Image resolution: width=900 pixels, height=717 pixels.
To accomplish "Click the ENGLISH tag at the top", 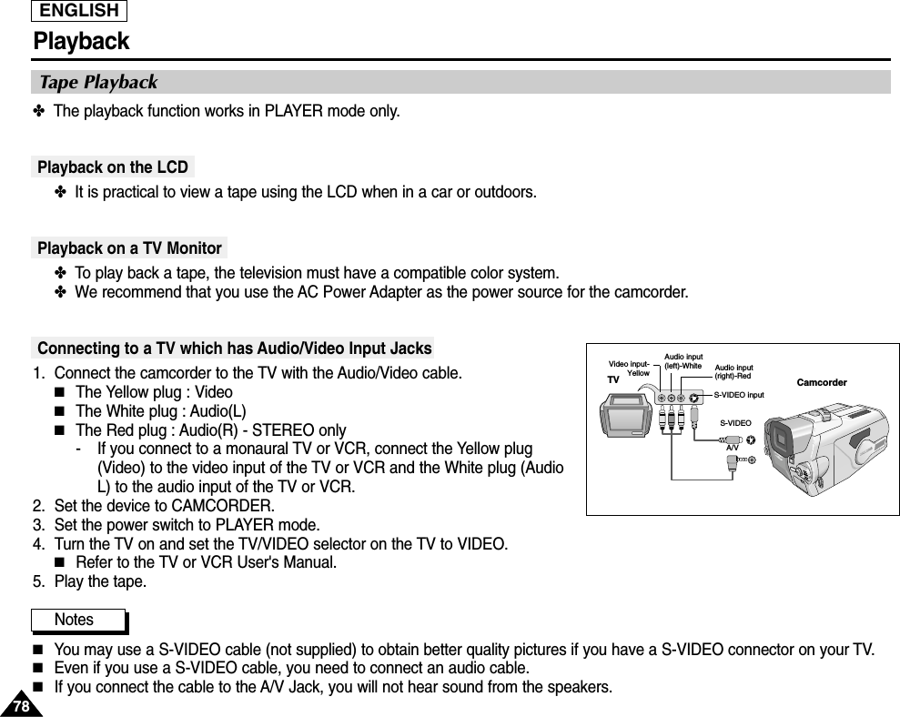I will [79, 11].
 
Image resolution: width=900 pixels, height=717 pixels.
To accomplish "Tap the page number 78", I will [20, 705].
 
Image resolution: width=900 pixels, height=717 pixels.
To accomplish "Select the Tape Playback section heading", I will [98, 83].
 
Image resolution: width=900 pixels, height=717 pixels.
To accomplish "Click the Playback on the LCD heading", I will [113, 167].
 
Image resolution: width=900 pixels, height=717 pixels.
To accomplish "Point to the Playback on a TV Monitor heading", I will [129, 248].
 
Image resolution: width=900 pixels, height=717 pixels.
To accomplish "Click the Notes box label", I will [75, 620].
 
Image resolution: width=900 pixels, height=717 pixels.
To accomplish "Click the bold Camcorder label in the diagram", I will [822, 382].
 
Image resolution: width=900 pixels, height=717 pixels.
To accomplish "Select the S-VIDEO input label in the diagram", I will [738, 395].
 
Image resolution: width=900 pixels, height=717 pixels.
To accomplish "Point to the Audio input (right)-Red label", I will [733, 371].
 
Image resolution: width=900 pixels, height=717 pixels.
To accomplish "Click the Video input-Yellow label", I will [629, 369].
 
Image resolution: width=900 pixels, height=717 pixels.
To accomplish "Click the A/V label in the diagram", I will [732, 448].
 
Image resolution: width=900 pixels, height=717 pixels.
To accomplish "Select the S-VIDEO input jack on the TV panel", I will [694, 397].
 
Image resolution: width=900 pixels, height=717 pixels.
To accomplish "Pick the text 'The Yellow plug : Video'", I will [154, 392].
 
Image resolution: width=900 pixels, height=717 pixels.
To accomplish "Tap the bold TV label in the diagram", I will [612, 379].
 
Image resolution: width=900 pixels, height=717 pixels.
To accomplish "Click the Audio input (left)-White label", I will [683, 360].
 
